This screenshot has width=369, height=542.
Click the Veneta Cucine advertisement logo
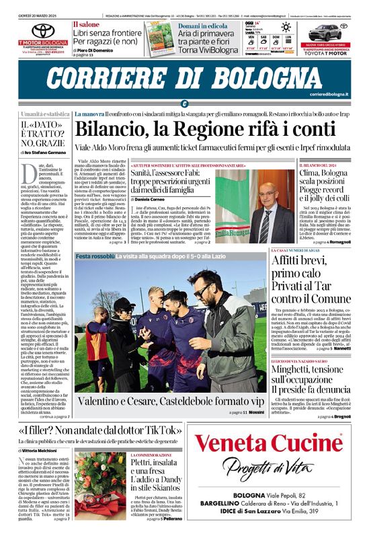(x=259, y=444)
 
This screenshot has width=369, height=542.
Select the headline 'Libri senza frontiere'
(x=108, y=32)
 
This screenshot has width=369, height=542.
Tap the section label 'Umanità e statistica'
(x=45, y=114)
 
